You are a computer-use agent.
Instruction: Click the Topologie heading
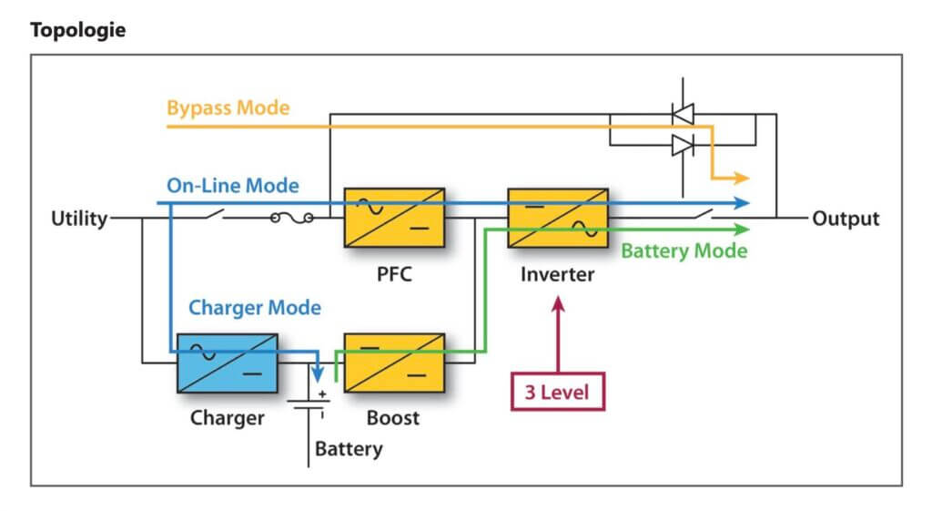(x=77, y=30)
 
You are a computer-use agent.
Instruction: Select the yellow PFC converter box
(x=394, y=218)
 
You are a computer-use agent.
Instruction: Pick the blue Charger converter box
(x=228, y=363)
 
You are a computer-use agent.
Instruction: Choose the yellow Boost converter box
(x=394, y=363)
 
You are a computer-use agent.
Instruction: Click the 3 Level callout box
(x=558, y=393)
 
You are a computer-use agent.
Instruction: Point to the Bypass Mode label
(x=228, y=108)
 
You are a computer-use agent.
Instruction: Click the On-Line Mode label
(x=232, y=186)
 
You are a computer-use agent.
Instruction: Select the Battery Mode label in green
(x=684, y=250)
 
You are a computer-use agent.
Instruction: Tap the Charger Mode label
(x=255, y=308)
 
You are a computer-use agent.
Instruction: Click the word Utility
(x=79, y=219)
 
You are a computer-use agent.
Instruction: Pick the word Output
(x=846, y=219)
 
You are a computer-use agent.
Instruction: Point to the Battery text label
(x=349, y=448)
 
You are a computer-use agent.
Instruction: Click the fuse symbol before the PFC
(x=293, y=219)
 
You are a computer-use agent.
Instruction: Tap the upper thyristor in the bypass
(x=682, y=113)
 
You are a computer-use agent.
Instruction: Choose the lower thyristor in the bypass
(x=682, y=144)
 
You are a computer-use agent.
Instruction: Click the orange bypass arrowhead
(x=742, y=178)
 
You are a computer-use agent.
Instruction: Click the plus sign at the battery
(x=322, y=393)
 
